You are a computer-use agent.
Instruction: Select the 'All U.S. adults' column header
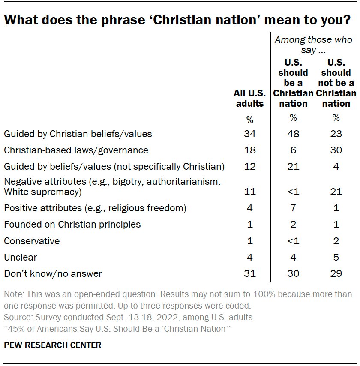[x=250, y=99]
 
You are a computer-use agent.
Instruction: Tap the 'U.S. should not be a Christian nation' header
[x=336, y=83]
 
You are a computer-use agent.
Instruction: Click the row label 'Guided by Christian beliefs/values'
[x=78, y=134]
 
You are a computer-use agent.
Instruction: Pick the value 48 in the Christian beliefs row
[x=293, y=134]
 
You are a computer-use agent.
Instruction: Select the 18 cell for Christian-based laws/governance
[x=250, y=150]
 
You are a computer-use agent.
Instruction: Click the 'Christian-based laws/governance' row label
[x=76, y=150]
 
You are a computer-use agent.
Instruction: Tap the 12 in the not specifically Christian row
[x=250, y=166]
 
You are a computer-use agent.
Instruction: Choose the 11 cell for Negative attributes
[x=250, y=192]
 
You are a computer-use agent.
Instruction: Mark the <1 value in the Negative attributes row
[x=293, y=192]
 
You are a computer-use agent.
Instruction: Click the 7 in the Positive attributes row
[x=293, y=208]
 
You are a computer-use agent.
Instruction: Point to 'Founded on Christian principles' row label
[x=72, y=224]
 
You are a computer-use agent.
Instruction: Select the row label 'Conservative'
[x=32, y=241]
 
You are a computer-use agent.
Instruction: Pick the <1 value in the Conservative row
[x=293, y=241]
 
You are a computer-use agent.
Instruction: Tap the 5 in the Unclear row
[x=336, y=257]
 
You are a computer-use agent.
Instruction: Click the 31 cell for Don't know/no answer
[x=250, y=273]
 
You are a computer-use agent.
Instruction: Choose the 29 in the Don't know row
[x=336, y=273]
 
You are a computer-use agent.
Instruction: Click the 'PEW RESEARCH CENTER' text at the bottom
[x=53, y=345]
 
